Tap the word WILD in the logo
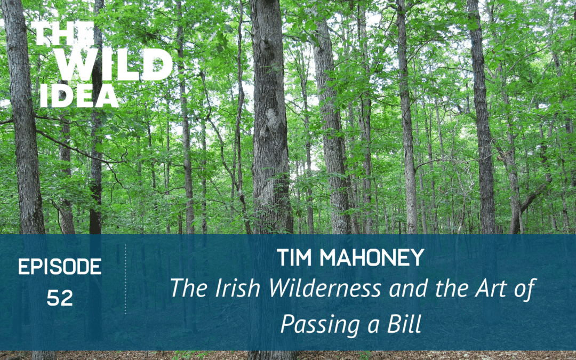point(114,66)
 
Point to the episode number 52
point(60,299)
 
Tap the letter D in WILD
point(157,66)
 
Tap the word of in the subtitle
point(523,289)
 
